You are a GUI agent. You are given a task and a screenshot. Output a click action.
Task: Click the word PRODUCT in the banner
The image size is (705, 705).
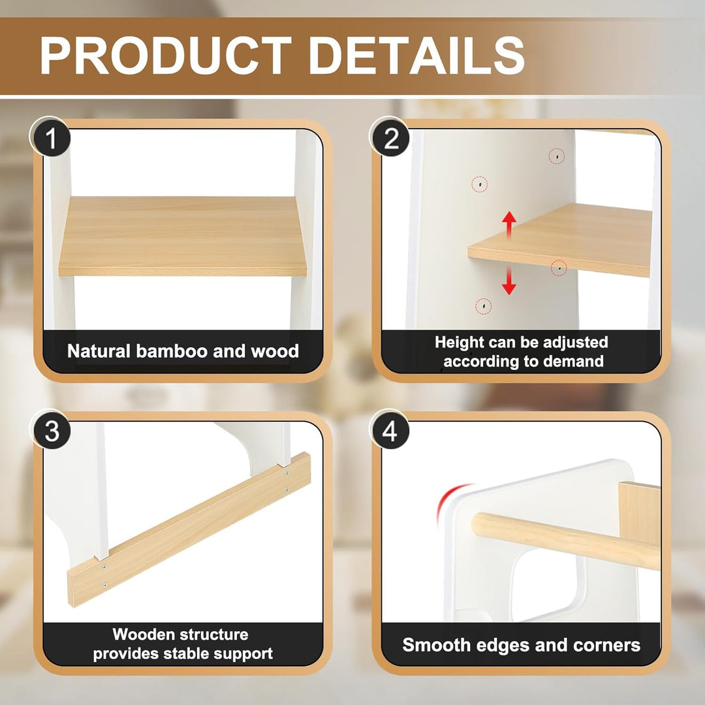[166, 55]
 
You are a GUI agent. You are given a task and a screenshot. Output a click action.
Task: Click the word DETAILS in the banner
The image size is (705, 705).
[417, 55]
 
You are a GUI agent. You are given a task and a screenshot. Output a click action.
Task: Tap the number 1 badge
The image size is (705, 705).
[50, 136]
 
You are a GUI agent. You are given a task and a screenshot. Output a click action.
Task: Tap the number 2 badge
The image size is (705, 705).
[390, 136]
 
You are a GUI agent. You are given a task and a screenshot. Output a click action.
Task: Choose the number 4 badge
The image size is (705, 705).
[390, 430]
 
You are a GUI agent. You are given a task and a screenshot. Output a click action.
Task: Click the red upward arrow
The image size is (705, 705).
[509, 225]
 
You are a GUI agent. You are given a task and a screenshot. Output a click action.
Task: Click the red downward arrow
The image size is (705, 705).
[509, 281]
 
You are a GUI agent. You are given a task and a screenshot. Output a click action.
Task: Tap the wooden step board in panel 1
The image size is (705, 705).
[183, 236]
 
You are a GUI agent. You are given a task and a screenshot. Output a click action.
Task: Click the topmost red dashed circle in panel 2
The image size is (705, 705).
[557, 156]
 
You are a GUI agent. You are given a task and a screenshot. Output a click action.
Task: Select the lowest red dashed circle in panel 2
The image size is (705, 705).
[483, 306]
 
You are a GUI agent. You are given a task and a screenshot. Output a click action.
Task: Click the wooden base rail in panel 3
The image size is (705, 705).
[189, 529]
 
